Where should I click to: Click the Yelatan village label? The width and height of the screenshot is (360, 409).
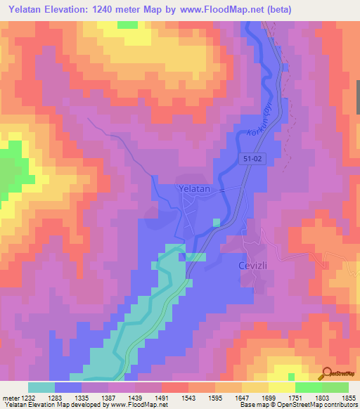pyautogui.click(x=194, y=188)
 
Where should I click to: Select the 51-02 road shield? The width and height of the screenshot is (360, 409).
pyautogui.click(x=255, y=160)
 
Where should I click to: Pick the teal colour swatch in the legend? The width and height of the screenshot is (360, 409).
pyautogui.click(x=41, y=387)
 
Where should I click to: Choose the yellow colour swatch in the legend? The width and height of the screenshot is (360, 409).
pyautogui.click(x=281, y=387)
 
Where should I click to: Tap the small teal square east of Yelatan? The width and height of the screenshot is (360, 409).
pyautogui.click(x=216, y=222)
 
